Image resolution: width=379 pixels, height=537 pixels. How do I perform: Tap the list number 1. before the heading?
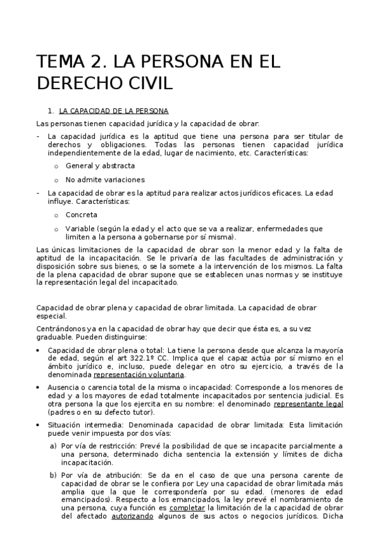[x=51, y=111]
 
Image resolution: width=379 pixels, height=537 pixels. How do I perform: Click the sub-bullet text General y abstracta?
[x=100, y=166]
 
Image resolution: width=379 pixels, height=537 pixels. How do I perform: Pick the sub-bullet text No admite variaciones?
[x=105, y=179]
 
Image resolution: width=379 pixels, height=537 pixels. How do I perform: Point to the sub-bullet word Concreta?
[x=82, y=215]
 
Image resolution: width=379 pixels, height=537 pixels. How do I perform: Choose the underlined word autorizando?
[x=132, y=516]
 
